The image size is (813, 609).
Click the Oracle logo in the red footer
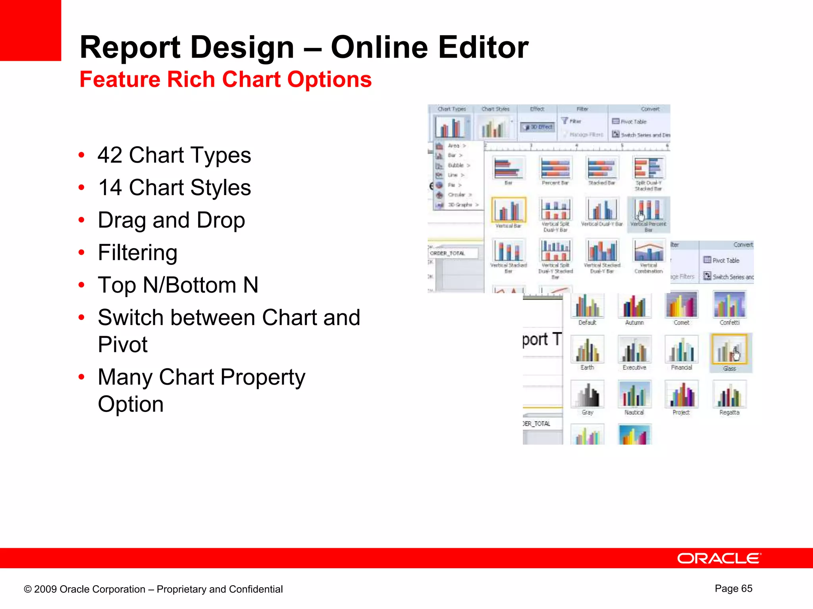click(719, 558)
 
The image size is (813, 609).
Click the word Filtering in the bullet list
click(137, 253)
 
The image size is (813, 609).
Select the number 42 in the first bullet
click(110, 155)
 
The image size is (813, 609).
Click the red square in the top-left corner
click(30, 30)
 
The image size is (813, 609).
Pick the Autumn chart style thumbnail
click(634, 306)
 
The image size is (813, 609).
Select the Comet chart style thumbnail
click(682, 305)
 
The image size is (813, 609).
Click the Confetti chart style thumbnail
click(729, 305)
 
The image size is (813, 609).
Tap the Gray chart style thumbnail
click(588, 395)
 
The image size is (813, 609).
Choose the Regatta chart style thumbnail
click(729, 395)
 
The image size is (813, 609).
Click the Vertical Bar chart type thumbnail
click(509, 210)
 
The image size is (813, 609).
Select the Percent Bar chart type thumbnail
click(555, 168)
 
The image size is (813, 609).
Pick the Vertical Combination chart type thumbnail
click(649, 251)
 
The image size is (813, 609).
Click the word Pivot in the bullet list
click(123, 344)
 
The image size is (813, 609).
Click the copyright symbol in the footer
click(27, 589)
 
